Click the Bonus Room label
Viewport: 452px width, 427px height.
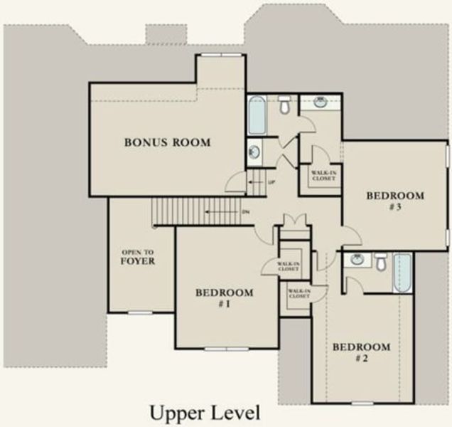[x=168, y=142]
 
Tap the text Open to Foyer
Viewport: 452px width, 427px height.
[x=139, y=257]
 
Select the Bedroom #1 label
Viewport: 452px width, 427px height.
[x=225, y=298]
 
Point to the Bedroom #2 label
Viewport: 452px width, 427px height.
[x=362, y=352]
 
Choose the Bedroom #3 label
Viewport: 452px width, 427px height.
[x=395, y=201]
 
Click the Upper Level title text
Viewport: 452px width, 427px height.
[x=205, y=412]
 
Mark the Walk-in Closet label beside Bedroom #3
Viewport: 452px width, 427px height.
[x=323, y=174]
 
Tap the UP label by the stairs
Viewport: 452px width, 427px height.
[x=271, y=183]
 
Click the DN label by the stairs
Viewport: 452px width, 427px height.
[x=246, y=211]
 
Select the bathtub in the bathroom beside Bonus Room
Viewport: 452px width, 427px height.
[x=257, y=115]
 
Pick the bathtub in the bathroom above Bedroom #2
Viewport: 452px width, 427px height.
[x=402, y=272]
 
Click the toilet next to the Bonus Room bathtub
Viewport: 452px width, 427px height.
[x=284, y=105]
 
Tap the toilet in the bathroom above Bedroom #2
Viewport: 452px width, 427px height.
[x=381, y=261]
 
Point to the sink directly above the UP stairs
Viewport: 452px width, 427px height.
[x=254, y=152]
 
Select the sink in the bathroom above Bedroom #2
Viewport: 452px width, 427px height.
[x=357, y=260]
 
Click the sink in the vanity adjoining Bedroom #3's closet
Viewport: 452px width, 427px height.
[x=321, y=102]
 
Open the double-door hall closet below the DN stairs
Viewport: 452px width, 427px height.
[x=294, y=221]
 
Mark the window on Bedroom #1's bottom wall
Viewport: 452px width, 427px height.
[x=226, y=349]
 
